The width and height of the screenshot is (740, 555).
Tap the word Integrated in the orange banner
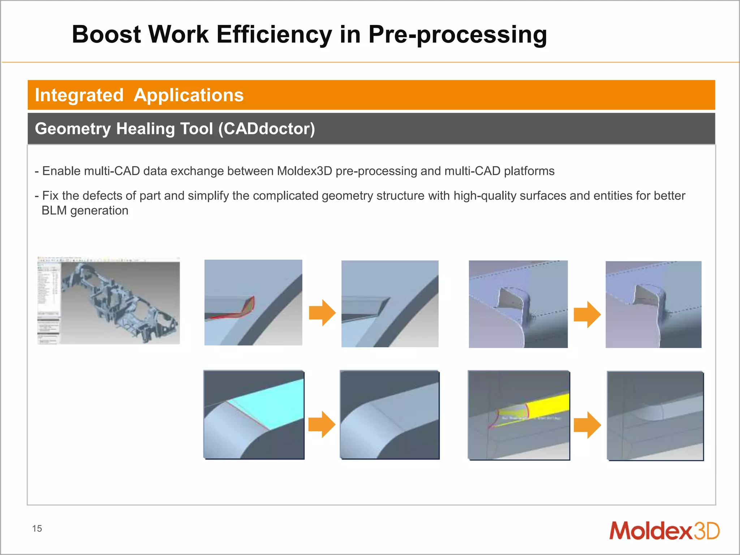pos(79,95)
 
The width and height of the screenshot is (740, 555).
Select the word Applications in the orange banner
pos(189,95)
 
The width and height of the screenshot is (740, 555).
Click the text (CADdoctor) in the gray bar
pos(267,129)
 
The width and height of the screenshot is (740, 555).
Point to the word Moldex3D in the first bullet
pos(304,171)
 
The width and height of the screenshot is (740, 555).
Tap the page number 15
pos(37,529)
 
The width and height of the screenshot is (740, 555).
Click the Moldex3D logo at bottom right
pos(664,531)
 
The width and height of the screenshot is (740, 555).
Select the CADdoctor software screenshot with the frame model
pos(109,301)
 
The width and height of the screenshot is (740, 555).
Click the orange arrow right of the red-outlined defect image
pos(322,313)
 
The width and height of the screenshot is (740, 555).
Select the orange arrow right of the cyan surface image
pos(322,424)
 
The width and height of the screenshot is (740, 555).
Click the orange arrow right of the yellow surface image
pos(587,425)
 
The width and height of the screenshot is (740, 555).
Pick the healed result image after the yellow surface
pos(655,416)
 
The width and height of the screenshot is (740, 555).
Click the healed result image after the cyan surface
pos(390,415)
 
